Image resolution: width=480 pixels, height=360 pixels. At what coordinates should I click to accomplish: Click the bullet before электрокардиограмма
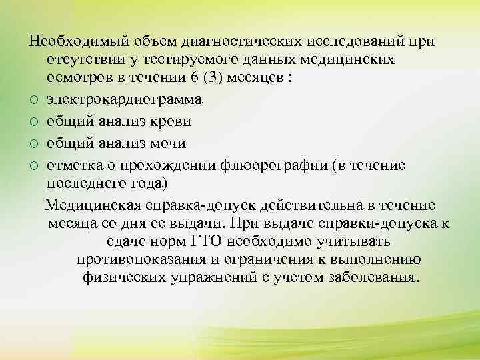34,101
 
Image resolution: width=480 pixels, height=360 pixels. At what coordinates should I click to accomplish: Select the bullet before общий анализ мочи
34,144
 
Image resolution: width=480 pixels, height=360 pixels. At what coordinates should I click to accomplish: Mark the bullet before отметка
34,165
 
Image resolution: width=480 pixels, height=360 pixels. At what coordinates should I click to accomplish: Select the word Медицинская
97,204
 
